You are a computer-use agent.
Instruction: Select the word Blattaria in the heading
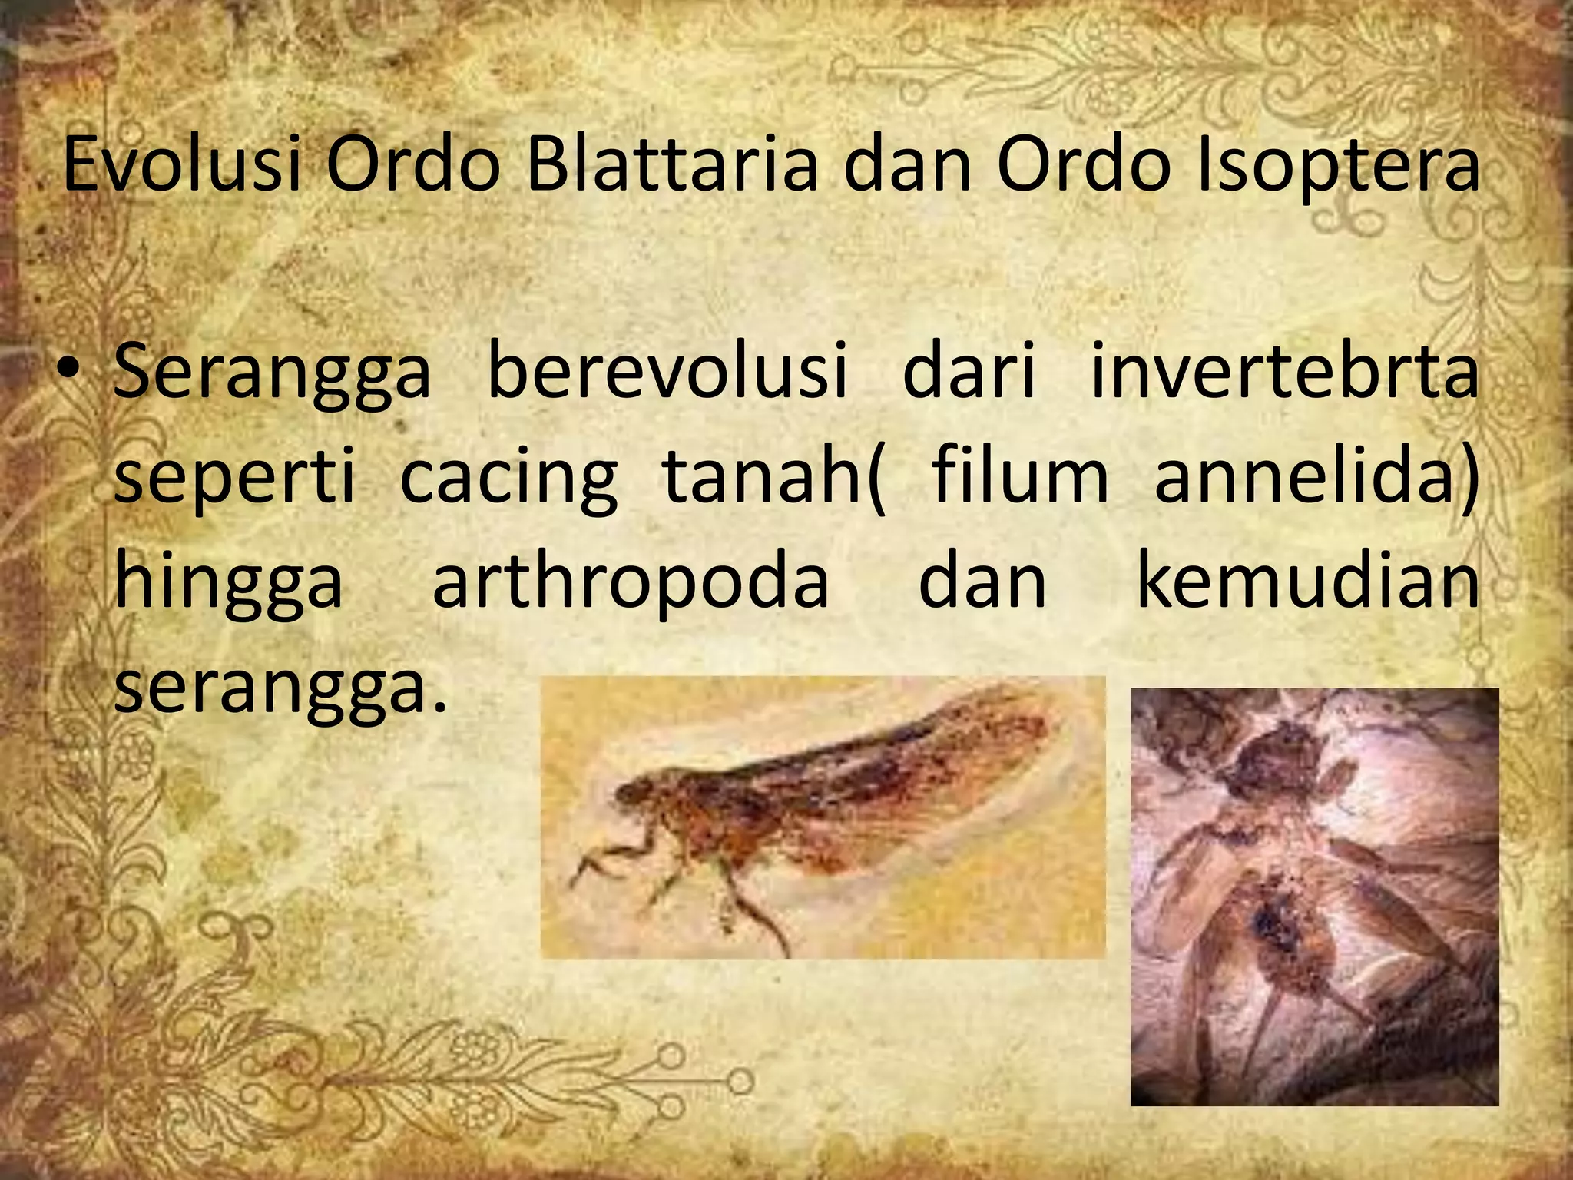[672, 164]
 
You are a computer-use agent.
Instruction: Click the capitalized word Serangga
[272, 373]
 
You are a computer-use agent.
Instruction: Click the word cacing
[508, 478]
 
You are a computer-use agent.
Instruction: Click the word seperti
[235, 478]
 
